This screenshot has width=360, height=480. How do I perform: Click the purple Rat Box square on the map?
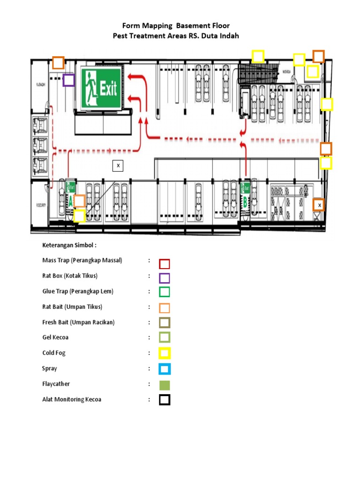68,80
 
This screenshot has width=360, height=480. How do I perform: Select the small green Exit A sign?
71,187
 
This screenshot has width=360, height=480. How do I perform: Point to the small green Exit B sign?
245,187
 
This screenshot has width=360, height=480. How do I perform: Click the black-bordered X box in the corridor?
118,165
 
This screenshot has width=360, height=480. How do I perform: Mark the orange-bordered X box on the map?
319,205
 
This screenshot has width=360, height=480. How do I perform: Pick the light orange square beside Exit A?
79,201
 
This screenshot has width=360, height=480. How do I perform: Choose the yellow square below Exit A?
79,216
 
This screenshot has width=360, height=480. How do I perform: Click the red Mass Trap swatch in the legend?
165,264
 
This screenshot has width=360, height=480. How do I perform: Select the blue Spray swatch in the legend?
165,369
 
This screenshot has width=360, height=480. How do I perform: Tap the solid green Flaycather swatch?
165,385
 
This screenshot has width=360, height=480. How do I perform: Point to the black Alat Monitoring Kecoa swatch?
165,400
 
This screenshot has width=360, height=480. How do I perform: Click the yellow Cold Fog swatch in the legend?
165,353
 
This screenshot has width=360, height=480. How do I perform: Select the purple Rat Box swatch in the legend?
165,278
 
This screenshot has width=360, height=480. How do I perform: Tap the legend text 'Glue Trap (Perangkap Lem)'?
78,292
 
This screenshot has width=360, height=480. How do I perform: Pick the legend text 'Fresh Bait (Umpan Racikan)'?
78,322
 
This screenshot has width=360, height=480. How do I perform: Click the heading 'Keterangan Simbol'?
69,245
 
